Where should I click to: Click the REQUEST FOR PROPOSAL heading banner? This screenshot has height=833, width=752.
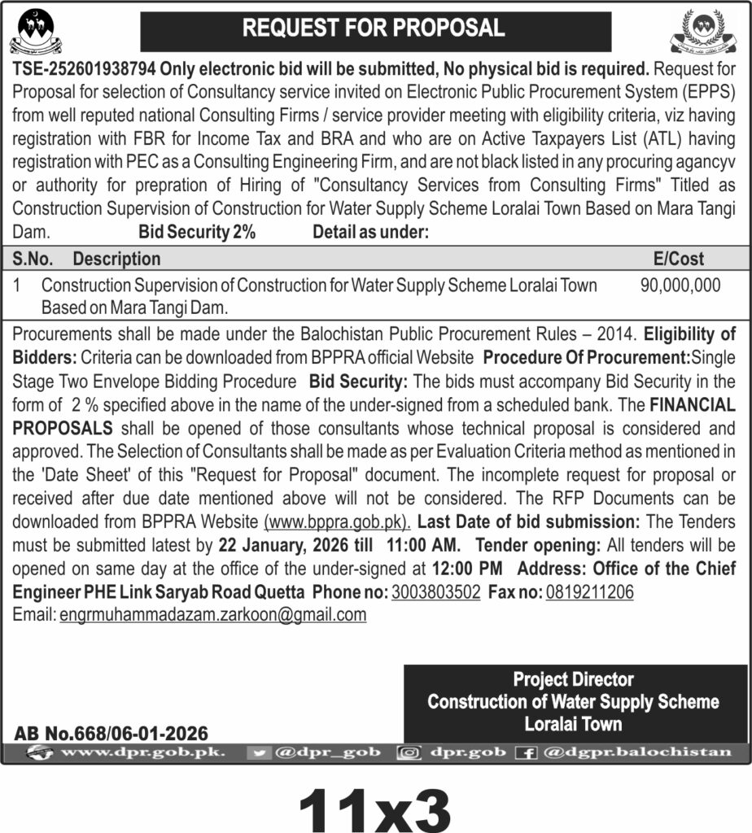pos(375,28)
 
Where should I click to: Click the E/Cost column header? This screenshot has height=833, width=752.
pos(679,259)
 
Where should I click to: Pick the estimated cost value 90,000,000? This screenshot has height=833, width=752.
pos(680,286)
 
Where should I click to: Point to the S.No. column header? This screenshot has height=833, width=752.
pos(33,259)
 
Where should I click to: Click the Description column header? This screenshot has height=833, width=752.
pos(116,259)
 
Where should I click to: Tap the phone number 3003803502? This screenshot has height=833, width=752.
pos(435,592)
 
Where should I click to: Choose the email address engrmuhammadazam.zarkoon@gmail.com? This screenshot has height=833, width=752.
pos(213,615)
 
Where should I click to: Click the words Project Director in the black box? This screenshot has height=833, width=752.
pos(573,679)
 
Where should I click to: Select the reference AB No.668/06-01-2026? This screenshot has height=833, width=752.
pos(111,734)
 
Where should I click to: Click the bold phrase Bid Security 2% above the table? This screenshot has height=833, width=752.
pos(197,232)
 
